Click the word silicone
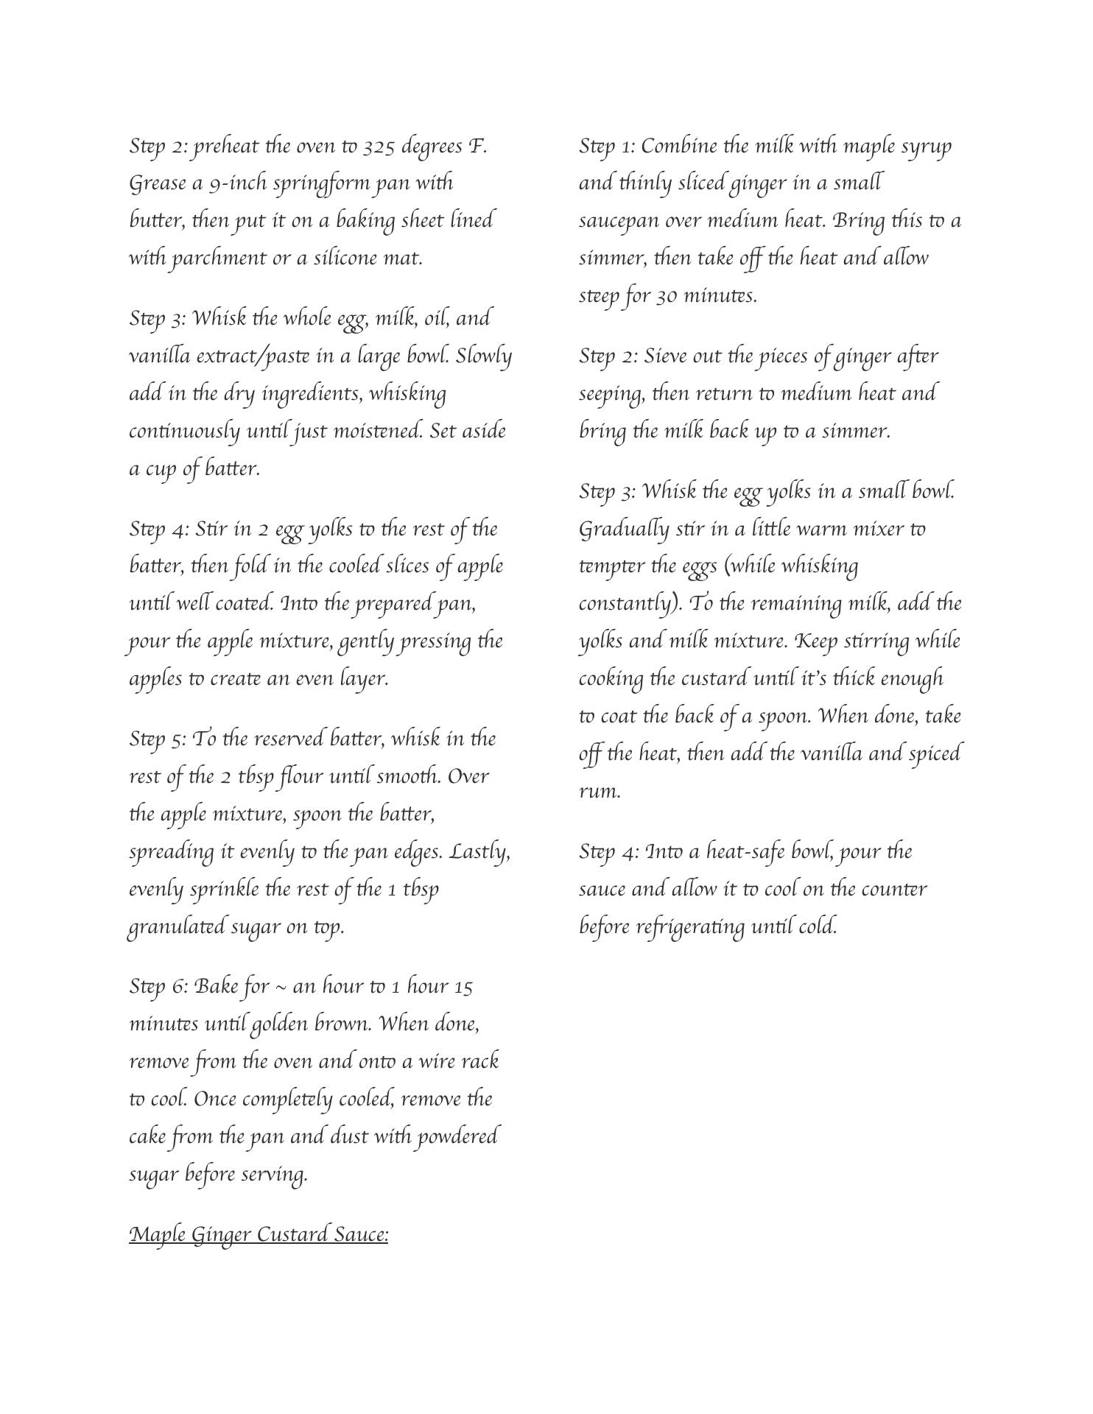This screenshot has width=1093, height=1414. [345, 258]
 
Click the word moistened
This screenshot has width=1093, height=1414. [378, 431]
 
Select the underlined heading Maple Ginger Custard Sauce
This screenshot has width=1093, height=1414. [259, 1234]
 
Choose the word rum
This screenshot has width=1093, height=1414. [599, 792]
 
